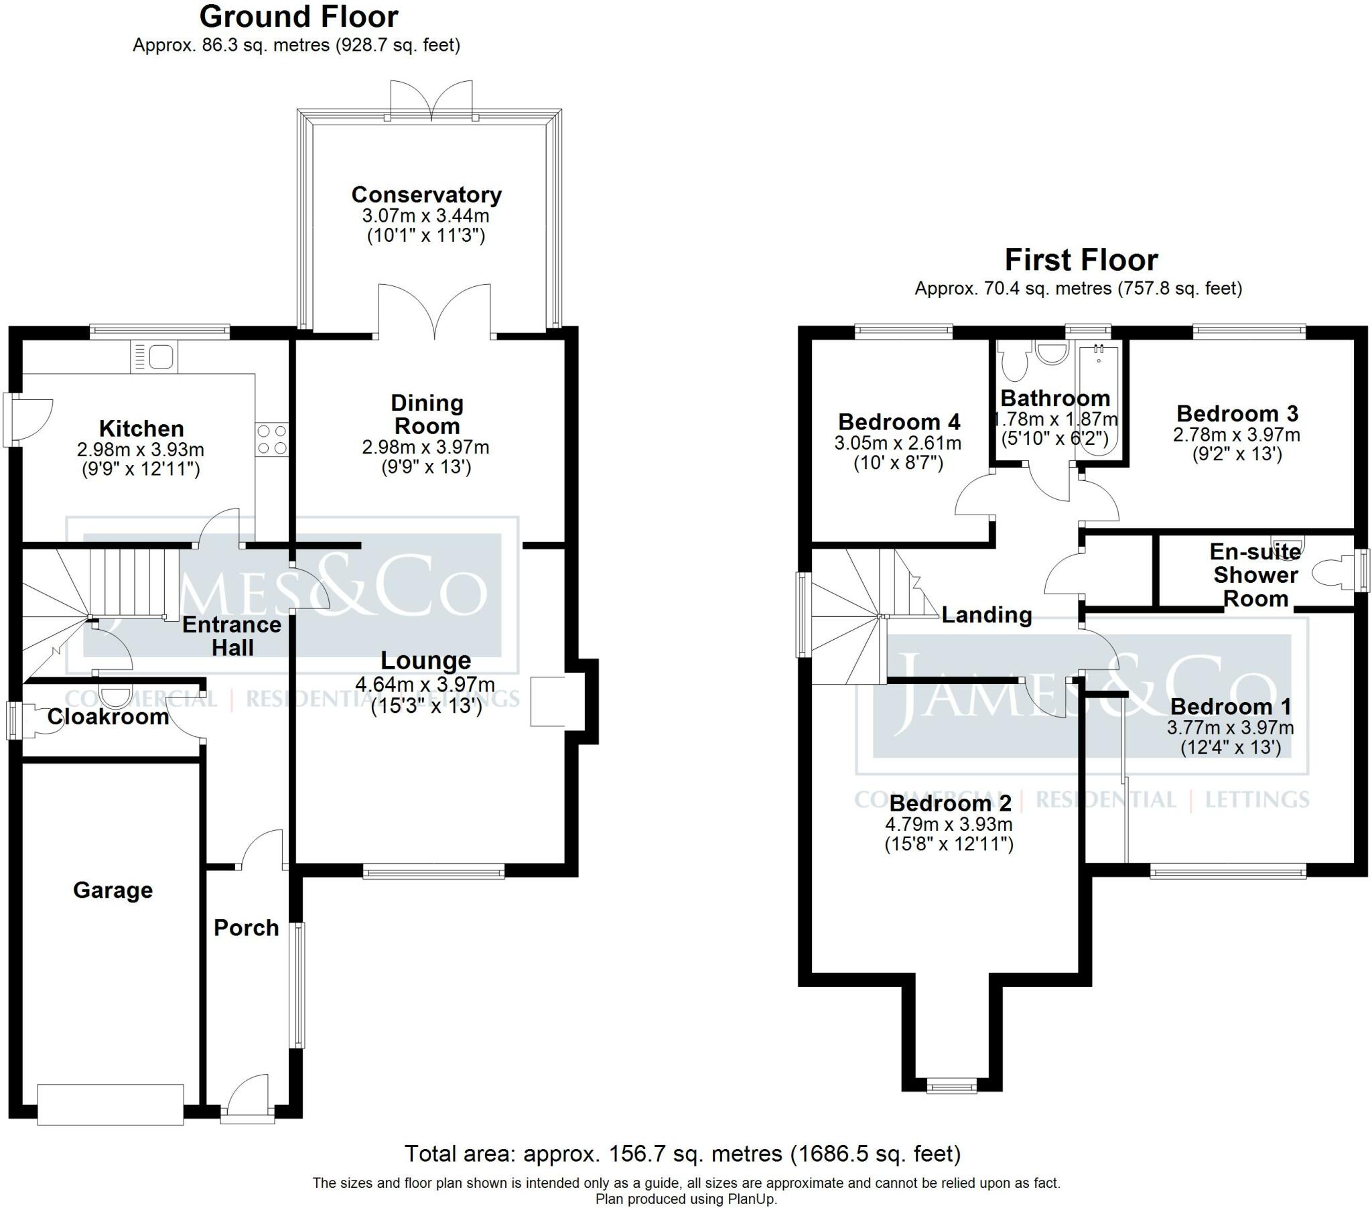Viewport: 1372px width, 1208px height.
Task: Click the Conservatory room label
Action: (426, 195)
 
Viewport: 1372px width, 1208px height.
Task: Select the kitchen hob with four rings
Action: (272, 439)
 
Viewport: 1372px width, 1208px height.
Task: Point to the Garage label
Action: (113, 890)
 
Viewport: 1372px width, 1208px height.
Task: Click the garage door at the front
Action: (111, 1104)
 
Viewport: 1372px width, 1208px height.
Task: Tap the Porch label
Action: (247, 927)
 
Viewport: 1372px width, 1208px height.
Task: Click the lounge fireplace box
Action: (549, 701)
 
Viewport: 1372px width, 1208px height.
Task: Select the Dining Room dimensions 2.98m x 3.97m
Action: (425, 447)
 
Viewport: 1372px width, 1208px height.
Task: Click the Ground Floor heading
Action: (299, 17)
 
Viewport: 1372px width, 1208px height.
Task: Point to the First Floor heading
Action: (1081, 260)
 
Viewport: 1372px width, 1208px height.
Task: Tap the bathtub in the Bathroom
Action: (1099, 401)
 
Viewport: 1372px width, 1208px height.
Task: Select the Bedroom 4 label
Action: (899, 421)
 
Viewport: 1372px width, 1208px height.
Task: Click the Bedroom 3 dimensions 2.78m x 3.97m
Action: (1237, 434)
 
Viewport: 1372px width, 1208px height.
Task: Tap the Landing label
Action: (987, 614)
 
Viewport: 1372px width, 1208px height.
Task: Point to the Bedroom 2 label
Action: (950, 803)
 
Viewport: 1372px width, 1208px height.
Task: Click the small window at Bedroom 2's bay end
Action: (952, 1105)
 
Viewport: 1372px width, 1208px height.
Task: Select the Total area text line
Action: (683, 1154)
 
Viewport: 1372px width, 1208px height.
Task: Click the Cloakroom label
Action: (108, 716)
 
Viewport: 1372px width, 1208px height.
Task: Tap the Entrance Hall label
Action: (232, 636)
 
